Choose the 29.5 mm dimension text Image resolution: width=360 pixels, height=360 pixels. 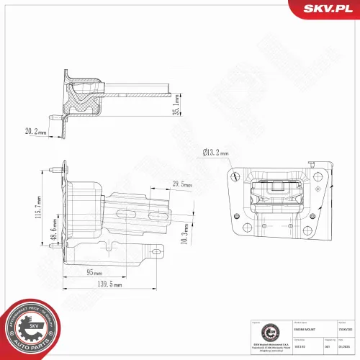(181, 185)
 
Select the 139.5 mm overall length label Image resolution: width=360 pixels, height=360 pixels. (109, 286)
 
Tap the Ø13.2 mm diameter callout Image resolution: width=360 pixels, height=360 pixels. (215, 153)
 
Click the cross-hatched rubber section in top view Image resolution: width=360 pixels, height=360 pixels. (84, 98)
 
